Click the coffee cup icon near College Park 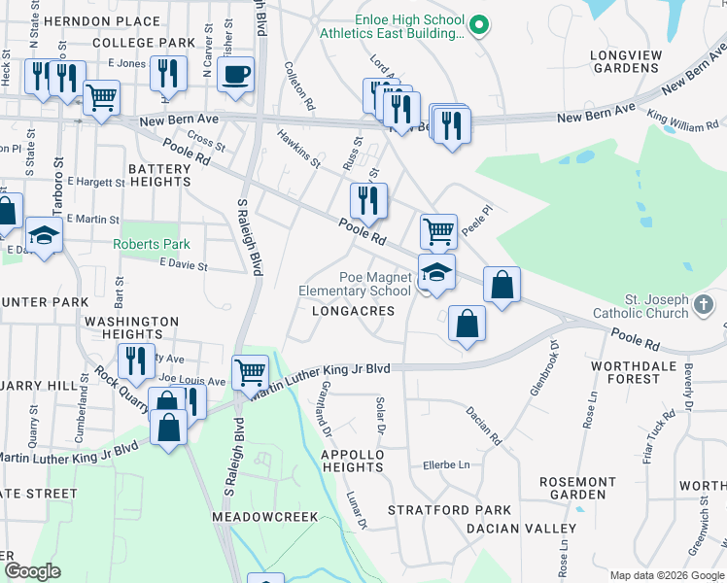pos(235,75)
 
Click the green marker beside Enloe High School pos(477,24)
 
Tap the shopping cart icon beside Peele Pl pos(438,231)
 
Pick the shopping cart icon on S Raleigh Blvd pos(250,371)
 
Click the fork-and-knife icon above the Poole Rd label pos(368,200)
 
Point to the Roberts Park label pos(151,244)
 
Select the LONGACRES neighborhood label pos(353,311)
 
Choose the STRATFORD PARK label pos(449,509)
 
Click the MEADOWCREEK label pos(265,517)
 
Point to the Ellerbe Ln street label pos(445,465)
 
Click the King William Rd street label pos(682,126)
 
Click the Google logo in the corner pos(32,571)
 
